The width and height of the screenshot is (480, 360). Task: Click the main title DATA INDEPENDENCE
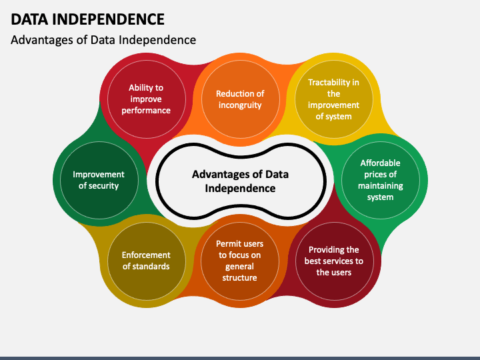click(87, 19)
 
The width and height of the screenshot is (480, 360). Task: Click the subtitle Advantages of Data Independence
click(103, 40)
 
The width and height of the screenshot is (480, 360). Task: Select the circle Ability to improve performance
click(147, 99)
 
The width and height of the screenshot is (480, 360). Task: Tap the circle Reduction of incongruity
click(240, 99)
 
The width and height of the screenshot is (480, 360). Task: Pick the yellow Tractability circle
click(334, 99)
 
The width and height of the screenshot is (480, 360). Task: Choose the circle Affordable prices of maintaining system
click(381, 180)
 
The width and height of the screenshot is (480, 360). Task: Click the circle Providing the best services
click(334, 261)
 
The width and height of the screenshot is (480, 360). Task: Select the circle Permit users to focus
click(240, 261)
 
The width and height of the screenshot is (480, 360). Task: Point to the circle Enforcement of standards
click(147, 261)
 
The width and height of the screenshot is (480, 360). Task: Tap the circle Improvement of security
click(99, 180)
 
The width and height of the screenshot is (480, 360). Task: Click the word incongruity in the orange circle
click(240, 105)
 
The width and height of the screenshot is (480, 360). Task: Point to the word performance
click(146, 111)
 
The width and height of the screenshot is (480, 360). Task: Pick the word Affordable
click(380, 163)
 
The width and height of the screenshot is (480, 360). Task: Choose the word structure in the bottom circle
click(240, 278)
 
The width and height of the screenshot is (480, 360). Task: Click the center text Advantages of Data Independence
click(240, 181)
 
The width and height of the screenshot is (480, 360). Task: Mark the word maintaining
click(381, 186)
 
